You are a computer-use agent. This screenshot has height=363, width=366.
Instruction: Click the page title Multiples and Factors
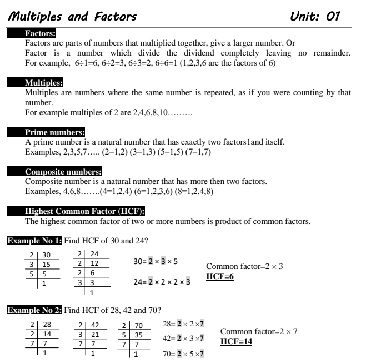[72, 17]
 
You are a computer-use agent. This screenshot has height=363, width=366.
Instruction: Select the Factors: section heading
[39, 33]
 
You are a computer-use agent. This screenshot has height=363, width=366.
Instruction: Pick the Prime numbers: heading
[55, 132]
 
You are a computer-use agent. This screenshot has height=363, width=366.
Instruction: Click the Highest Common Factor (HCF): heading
[85, 212]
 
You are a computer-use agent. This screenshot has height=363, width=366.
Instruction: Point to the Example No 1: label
[34, 241]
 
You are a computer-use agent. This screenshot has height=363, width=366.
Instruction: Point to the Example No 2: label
[34, 310]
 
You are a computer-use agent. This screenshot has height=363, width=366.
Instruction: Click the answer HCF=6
[219, 276]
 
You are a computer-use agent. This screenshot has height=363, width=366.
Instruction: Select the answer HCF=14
[236, 341]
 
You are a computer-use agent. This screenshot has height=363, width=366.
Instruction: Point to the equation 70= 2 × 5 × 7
[183, 352]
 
